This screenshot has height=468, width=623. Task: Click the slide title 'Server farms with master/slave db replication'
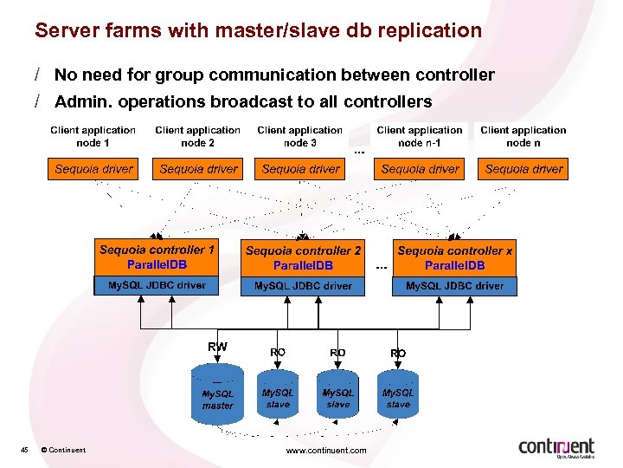[258, 30]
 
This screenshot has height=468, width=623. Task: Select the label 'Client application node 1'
[93, 136]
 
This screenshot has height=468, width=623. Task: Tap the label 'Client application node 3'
[299, 136]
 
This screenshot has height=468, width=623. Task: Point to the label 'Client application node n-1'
[420, 136]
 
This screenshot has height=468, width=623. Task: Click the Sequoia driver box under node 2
[198, 169]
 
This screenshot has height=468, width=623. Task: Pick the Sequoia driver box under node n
[523, 169]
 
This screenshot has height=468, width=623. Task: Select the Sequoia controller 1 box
[157, 257]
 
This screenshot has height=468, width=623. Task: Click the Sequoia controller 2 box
[303, 257]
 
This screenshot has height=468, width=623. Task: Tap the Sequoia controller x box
[454, 257]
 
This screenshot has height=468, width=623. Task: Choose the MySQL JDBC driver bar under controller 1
[157, 285]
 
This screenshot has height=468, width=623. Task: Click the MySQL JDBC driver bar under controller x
[454, 285]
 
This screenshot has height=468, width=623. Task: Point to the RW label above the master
[217, 347]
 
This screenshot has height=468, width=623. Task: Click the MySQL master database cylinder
[217, 396]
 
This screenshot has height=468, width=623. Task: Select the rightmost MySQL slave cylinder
[398, 396]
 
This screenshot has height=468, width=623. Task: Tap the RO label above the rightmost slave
[398, 354]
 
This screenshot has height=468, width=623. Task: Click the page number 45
[25, 449]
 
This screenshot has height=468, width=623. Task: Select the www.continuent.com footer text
[326, 450]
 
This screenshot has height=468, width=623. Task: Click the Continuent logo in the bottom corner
[556, 447]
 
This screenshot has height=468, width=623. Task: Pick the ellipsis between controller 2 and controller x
[382, 266]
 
